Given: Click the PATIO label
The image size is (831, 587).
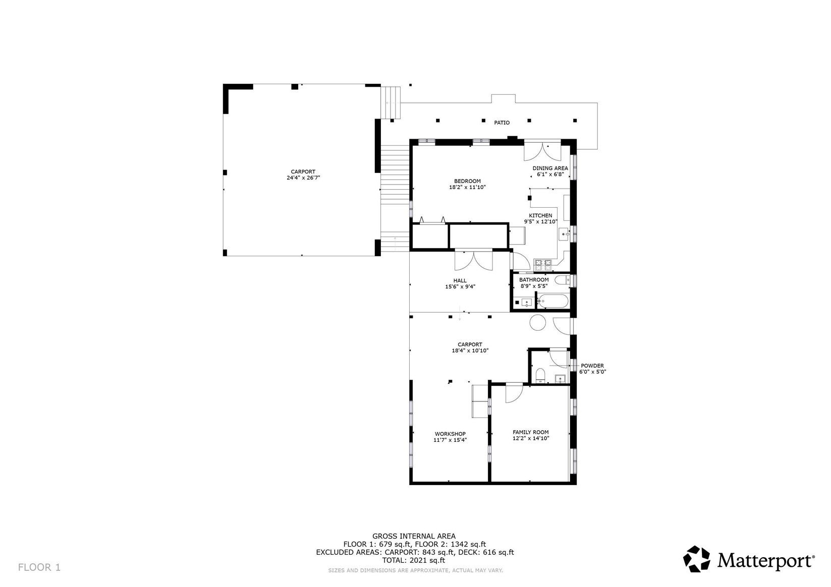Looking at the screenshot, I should tap(502, 123).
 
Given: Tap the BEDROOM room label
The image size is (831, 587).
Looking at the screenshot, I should tap(467, 181).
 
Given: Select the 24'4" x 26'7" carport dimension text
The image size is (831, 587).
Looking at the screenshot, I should tap(303, 178).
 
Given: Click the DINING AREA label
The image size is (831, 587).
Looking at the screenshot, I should tap(550, 168).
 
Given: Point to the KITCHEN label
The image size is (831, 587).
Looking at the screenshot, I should tap(540, 215).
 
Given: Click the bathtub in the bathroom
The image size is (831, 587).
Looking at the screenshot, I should tap(553, 302).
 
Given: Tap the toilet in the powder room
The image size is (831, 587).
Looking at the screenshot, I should tap(540, 375).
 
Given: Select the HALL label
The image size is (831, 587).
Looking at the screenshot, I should tap(460, 280).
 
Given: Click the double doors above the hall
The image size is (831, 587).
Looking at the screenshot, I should tap(474, 260).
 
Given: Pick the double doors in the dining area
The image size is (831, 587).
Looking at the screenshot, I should tap(542, 151).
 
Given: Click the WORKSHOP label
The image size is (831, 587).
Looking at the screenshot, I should tap(450, 434).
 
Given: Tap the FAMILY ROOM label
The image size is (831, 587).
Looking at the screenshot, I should tap(530, 432).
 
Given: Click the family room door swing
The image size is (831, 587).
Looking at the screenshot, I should tap(513, 393).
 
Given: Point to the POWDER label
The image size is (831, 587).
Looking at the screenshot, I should tap(592, 366).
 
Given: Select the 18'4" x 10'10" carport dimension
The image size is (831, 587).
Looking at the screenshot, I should tap(470, 350).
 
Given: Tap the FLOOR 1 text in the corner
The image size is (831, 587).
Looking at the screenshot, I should tap(39, 567).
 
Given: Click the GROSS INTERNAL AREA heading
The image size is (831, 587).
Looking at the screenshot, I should tap(414, 536).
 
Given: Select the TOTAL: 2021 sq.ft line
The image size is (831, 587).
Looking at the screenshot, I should tap(414, 560).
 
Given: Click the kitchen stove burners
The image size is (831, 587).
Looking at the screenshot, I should tap(542, 263).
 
